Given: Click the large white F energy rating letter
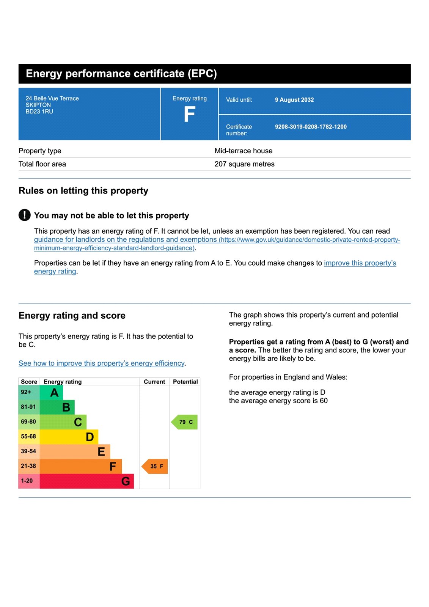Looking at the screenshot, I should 189,114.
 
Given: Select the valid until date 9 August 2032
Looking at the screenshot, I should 294,100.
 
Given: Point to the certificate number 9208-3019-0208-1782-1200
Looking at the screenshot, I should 311,127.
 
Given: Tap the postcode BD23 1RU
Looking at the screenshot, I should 39,112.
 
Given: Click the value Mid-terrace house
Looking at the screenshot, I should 244,151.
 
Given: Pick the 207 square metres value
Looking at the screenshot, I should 244,164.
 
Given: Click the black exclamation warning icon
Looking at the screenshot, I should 25,215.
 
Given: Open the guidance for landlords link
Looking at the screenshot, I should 125,240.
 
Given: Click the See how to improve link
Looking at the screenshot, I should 102,363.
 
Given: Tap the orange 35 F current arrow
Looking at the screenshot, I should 155,466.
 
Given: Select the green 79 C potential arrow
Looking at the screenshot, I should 185,422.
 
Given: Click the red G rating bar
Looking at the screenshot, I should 86,481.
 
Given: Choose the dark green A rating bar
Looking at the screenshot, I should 52,392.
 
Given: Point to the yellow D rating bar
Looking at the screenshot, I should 69,437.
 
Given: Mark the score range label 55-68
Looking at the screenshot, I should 28,437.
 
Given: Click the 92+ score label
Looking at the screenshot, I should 26,392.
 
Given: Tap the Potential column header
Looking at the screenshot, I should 185,382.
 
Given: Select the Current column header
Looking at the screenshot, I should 154,382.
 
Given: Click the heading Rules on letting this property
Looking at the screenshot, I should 83,191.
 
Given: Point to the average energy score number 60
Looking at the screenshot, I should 324,401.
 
